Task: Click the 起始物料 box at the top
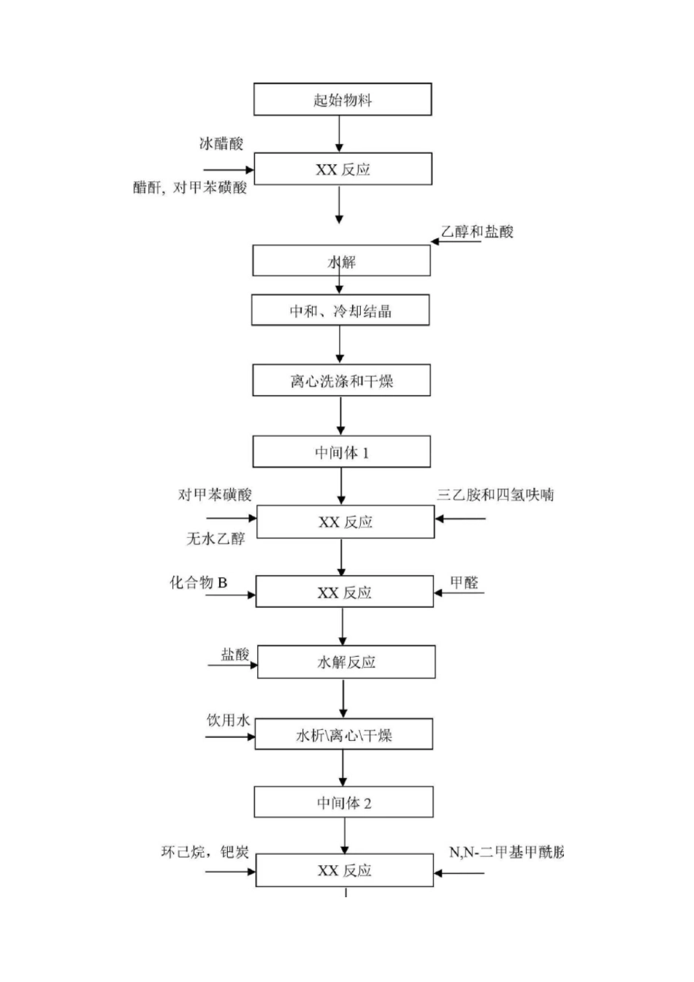point(342,99)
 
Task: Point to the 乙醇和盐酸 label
point(477,232)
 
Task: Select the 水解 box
point(341,261)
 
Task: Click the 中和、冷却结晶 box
point(340,311)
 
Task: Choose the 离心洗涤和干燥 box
point(341,381)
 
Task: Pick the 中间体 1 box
point(341,452)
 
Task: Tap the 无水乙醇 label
point(216,539)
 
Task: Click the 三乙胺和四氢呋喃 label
point(495,495)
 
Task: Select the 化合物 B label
point(199,582)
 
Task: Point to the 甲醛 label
point(464,582)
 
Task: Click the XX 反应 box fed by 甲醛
point(344,592)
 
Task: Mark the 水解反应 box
point(346,662)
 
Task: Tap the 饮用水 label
point(228,720)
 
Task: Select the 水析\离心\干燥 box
point(343,734)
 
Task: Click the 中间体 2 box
point(343,802)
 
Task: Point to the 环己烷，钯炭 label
point(205,852)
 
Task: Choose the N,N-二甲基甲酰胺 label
point(506,852)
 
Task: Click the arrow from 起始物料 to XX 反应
point(339,134)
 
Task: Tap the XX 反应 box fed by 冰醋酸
point(343,169)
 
